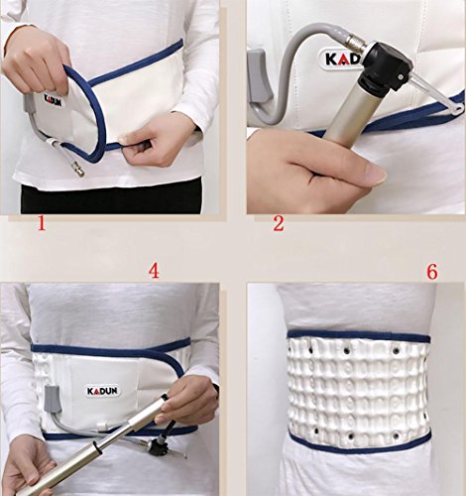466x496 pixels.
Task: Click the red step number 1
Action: click(x=42, y=223)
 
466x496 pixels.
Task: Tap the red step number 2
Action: click(x=279, y=223)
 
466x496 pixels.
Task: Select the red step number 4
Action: click(x=154, y=272)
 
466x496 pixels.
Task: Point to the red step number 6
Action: click(x=432, y=272)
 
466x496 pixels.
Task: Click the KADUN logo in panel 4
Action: click(x=102, y=391)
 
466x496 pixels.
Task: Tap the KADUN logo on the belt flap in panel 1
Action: click(x=53, y=100)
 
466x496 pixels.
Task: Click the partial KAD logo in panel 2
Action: click(x=342, y=60)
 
